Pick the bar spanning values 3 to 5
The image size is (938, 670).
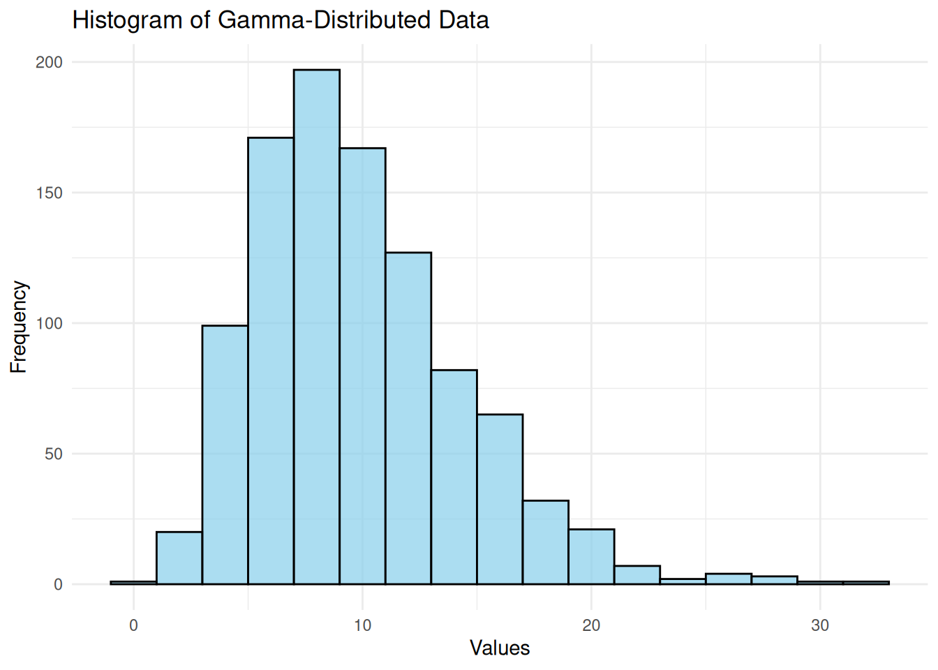click(x=225, y=454)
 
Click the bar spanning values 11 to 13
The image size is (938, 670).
click(x=408, y=418)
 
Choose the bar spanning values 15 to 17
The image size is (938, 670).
click(x=500, y=499)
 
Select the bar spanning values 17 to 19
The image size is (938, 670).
click(x=546, y=542)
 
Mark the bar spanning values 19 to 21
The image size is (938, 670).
click(x=591, y=556)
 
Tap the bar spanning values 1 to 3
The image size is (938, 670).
click(x=179, y=558)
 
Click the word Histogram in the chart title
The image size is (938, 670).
click(x=128, y=20)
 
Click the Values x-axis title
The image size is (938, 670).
click(x=500, y=648)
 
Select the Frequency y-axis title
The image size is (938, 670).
click(x=18, y=327)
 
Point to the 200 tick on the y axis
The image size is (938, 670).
click(x=49, y=62)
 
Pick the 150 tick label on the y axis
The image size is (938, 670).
click(x=49, y=193)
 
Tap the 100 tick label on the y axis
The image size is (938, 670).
click(x=49, y=323)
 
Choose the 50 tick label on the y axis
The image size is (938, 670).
click(x=52, y=454)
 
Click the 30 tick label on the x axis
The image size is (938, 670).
click(x=820, y=625)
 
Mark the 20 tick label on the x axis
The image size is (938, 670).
click(x=591, y=625)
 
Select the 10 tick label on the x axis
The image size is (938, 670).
click(x=362, y=625)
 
